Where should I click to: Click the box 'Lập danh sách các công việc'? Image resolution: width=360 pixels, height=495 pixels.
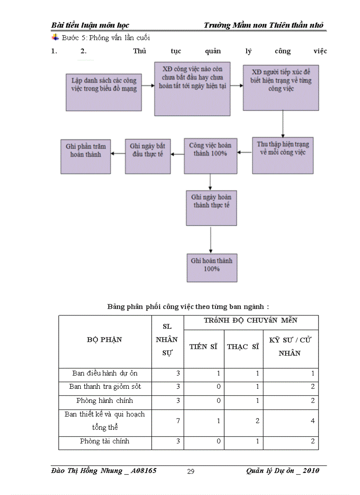click(x=104, y=92)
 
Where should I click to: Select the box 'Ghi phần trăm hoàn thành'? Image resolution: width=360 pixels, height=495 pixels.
click(x=86, y=156)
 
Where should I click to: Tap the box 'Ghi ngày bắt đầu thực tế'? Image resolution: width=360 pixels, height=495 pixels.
click(x=148, y=156)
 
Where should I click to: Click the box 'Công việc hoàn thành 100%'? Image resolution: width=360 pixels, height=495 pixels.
click(x=210, y=156)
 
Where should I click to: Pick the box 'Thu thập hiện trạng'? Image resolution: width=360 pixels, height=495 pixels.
click(x=283, y=155)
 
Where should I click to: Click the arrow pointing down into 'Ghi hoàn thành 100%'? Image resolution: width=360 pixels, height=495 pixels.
click(x=211, y=240)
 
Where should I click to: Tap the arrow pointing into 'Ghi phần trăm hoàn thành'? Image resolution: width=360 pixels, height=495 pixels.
click(x=118, y=154)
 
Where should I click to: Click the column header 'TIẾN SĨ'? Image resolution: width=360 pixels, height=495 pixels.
click(x=203, y=347)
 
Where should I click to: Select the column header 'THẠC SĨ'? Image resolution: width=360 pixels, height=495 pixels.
click(x=243, y=347)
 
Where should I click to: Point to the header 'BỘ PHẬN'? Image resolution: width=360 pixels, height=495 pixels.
click(x=105, y=340)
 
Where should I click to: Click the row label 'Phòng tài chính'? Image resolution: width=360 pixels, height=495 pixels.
click(x=105, y=441)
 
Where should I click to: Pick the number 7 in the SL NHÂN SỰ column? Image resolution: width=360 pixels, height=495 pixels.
click(x=178, y=421)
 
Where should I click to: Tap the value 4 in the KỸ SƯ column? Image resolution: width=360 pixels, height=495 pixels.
click(x=312, y=421)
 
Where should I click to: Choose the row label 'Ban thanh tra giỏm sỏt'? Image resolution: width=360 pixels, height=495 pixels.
click(x=105, y=387)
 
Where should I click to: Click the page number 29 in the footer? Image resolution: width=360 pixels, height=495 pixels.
click(x=191, y=472)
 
